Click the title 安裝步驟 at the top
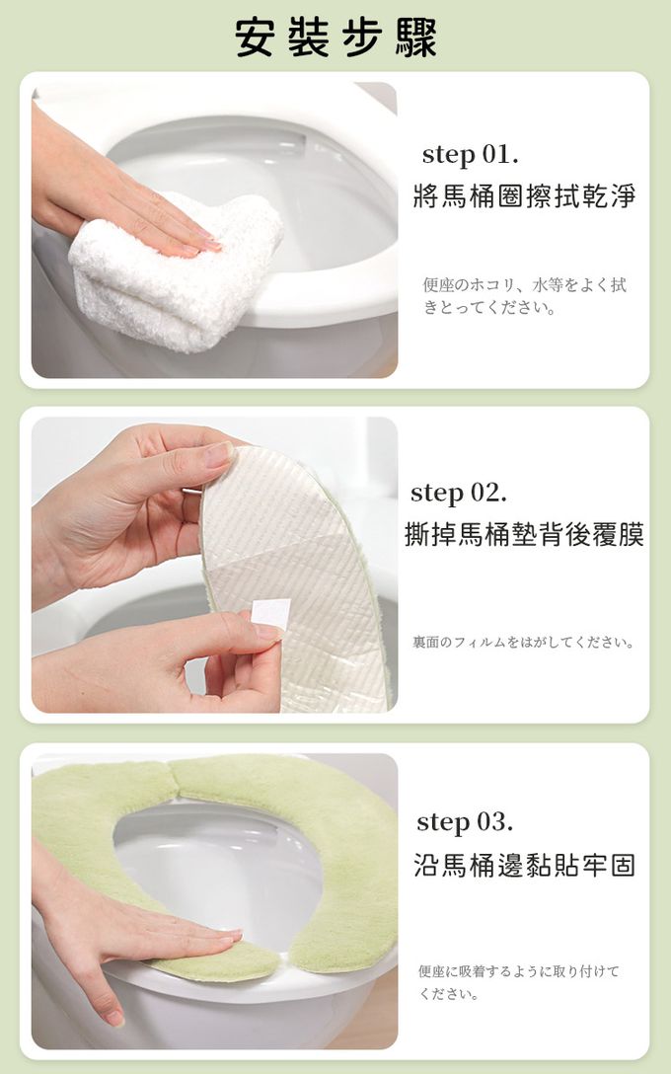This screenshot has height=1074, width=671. coord(335,37)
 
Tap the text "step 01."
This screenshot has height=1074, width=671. coord(470,155)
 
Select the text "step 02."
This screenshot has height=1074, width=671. coord(459,494)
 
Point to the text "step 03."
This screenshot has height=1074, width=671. coord(465,822)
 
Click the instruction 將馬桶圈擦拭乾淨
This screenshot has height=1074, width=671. coord(524,195)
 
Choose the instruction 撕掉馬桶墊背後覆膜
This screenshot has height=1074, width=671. coord(524,534)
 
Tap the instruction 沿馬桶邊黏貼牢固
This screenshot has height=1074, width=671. coord(524,865)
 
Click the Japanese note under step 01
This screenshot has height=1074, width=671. coord(525,296)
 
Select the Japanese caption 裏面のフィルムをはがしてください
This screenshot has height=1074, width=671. coord(524,642)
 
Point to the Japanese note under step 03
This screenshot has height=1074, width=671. coord(518,982)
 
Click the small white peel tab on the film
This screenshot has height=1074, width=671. coord(270,612)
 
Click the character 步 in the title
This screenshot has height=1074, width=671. coord(361,37)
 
